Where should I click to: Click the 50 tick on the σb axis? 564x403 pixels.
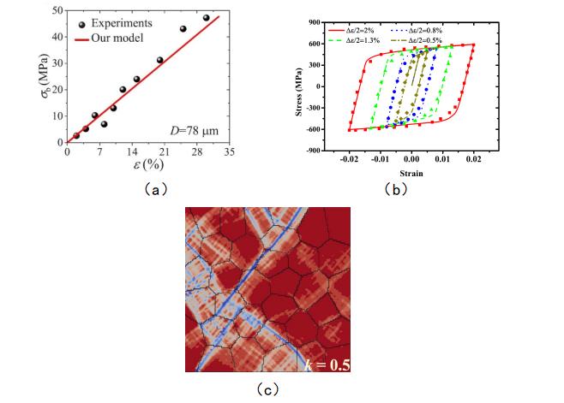pos(57,9)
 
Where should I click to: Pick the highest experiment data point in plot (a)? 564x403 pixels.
pos(206,18)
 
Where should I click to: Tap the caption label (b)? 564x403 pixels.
pos(411,191)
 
